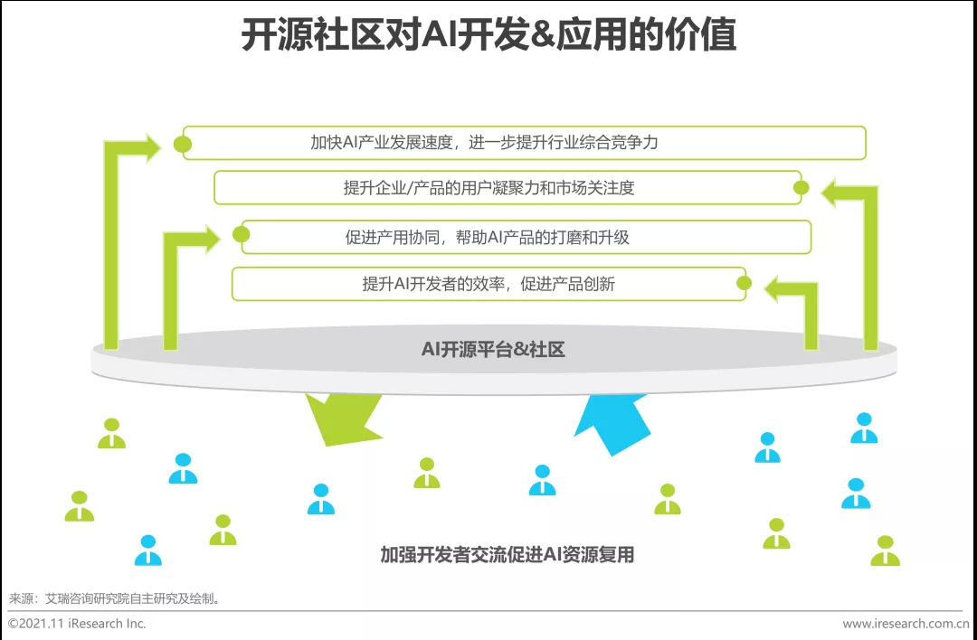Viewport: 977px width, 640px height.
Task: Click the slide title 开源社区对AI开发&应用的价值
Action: (x=488, y=35)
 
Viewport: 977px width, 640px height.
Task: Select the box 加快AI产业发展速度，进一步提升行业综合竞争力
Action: (x=525, y=143)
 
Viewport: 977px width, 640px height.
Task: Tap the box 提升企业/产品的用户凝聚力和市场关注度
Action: (x=507, y=188)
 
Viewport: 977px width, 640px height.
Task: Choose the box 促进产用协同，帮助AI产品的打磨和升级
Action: (x=525, y=237)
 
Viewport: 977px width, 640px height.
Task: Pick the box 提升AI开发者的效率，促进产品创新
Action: (x=488, y=284)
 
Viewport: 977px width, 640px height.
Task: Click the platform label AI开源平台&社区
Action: (x=493, y=349)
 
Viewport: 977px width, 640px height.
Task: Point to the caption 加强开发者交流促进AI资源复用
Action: (x=507, y=554)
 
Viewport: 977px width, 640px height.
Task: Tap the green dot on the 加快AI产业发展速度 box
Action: (x=183, y=144)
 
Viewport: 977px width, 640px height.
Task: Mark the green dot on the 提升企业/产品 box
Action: (x=801, y=188)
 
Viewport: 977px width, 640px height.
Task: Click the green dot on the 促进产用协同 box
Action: (x=241, y=235)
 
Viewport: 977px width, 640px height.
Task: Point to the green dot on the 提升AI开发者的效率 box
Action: (x=744, y=284)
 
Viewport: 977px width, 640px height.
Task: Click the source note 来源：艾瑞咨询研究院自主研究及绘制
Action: (x=115, y=598)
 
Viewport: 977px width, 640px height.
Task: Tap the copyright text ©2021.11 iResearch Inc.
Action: (x=77, y=624)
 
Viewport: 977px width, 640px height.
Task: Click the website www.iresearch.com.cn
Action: (x=906, y=624)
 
